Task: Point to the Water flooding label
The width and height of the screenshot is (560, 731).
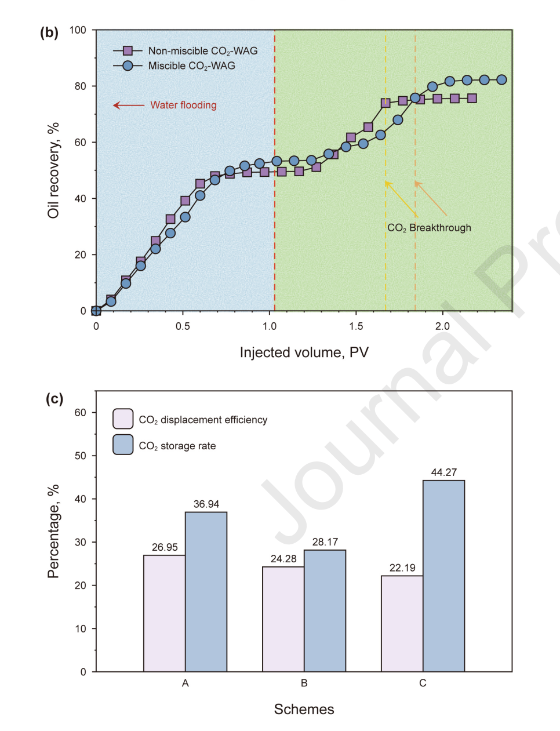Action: pyautogui.click(x=183, y=105)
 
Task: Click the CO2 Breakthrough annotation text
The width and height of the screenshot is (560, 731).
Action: pyautogui.click(x=429, y=228)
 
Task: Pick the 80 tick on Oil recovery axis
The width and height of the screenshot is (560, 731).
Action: pyautogui.click(x=79, y=86)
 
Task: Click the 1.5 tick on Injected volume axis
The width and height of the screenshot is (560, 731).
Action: pyautogui.click(x=356, y=326)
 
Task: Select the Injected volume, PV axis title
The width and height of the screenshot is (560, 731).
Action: pyautogui.click(x=304, y=352)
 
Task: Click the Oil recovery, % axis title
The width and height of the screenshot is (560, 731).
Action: pyautogui.click(x=53, y=170)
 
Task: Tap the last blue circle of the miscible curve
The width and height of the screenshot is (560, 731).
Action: pyautogui.click(x=501, y=80)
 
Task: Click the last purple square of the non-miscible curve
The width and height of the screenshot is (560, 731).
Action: pyautogui.click(x=472, y=99)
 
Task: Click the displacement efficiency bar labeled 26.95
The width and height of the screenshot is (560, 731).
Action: pyautogui.click(x=165, y=613)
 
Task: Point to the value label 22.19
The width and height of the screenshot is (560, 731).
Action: pyautogui.click(x=402, y=568)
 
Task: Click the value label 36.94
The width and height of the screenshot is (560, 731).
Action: pyautogui.click(x=206, y=504)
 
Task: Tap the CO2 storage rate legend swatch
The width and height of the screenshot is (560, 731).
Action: pyautogui.click(x=123, y=445)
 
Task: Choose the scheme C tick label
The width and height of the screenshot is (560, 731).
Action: pyautogui.click(x=423, y=683)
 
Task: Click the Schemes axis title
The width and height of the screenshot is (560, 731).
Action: pyautogui.click(x=304, y=710)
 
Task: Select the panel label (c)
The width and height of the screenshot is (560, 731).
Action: pyautogui.click(x=54, y=399)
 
